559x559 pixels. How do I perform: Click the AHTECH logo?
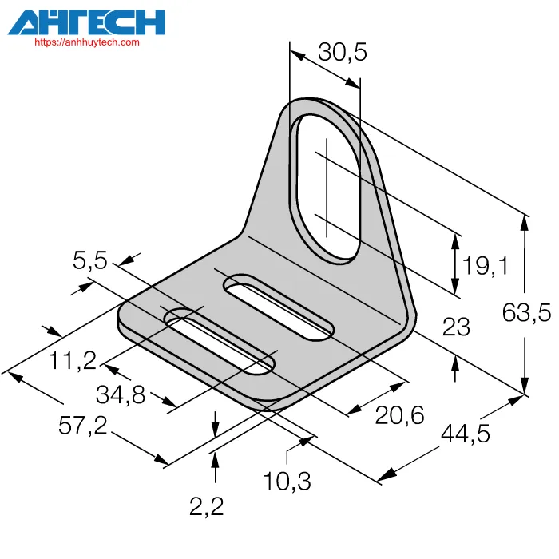pyautogui.click(x=86, y=22)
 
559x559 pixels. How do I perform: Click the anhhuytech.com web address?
pyautogui.click(x=87, y=42)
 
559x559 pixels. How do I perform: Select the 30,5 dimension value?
pyautogui.click(x=343, y=52)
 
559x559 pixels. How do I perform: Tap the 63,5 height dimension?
pyautogui.click(x=526, y=312)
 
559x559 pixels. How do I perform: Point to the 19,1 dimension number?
pyautogui.click(x=485, y=266)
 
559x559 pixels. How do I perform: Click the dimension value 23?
pyautogui.click(x=456, y=327)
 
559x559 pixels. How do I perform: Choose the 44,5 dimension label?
pyautogui.click(x=466, y=434)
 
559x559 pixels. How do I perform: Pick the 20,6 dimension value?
pyautogui.click(x=399, y=415)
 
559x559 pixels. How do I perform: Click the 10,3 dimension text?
pyautogui.click(x=287, y=482)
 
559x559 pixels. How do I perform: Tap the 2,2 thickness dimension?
pyautogui.click(x=206, y=506)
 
